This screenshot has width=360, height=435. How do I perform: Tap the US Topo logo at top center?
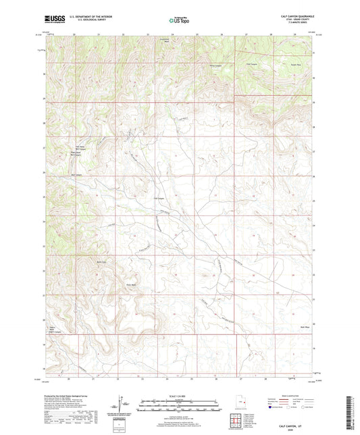[180, 20]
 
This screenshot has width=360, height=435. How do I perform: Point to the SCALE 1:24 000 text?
[179, 396]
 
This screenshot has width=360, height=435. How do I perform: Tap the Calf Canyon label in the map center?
[159, 198]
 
